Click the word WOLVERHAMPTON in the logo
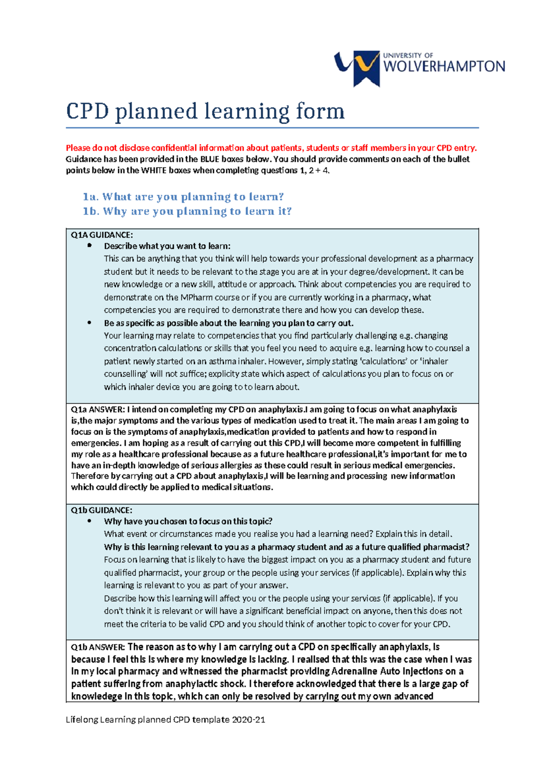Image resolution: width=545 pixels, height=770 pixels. coord(444,67)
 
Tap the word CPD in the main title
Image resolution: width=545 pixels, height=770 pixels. coord(87,111)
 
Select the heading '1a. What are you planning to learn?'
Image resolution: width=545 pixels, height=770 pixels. coord(183,197)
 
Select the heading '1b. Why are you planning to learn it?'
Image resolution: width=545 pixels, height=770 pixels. coord(187,211)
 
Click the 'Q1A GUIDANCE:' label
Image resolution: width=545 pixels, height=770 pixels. coord(102,235)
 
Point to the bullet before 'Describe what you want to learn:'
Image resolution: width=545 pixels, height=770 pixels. coord(89,246)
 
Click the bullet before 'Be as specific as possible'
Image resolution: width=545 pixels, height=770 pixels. coord(89,323)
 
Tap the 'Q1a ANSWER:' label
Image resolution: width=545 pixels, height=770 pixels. coord(98,409)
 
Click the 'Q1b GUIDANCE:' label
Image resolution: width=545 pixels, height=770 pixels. coord(101,510)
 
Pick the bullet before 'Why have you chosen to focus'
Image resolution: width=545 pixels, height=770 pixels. coord(89,521)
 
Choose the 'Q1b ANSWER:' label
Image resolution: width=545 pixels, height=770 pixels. coord(98,647)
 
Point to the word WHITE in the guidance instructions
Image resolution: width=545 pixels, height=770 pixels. coord(154,170)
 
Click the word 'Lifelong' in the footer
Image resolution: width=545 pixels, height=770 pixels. coord(82,719)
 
